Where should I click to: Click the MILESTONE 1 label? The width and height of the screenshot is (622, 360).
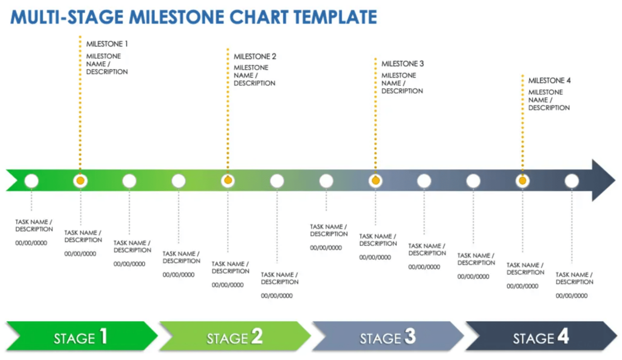(x=107, y=44)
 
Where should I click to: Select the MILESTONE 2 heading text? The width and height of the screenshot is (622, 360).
(x=255, y=56)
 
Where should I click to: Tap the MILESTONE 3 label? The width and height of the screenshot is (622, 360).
(x=402, y=63)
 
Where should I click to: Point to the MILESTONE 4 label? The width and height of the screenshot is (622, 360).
(x=549, y=80)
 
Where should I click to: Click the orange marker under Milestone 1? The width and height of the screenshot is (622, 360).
(x=80, y=180)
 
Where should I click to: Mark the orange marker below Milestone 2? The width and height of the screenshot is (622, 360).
(x=228, y=180)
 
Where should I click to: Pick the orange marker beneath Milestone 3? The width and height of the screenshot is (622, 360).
(x=375, y=180)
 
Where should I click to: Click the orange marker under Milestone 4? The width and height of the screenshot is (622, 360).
(x=522, y=180)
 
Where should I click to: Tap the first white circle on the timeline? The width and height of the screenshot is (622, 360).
(x=31, y=180)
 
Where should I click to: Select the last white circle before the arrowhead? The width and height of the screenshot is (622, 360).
(x=572, y=180)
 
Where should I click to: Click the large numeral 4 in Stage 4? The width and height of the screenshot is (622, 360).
(x=563, y=336)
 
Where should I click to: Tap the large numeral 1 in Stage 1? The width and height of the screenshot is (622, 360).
(x=103, y=336)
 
